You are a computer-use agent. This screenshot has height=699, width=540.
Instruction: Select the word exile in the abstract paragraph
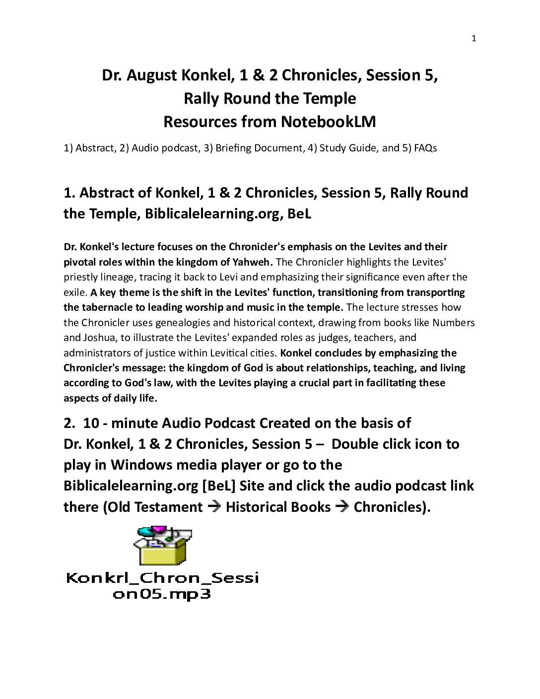pos(75,292)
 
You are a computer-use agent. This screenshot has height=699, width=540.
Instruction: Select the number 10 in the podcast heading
pos(92,423)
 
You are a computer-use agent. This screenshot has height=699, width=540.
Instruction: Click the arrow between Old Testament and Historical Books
pos(214,507)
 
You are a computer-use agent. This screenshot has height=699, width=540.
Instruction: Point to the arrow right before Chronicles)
pos(342,507)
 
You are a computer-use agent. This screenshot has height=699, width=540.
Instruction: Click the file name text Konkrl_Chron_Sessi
pos(162,578)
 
